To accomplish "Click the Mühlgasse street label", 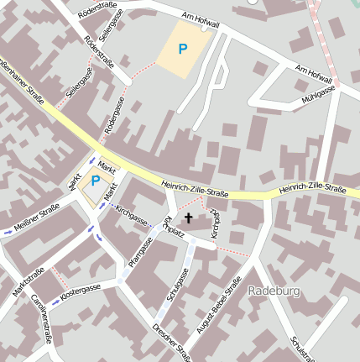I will point(319,94).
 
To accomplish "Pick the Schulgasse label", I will point(176,285).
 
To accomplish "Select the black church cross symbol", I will point(188,219).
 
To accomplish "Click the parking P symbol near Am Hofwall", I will point(183,49).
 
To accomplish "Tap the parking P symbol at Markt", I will point(95,181).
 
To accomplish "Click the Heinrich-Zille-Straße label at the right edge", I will point(313,190).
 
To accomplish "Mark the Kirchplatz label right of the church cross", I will point(215,224).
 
